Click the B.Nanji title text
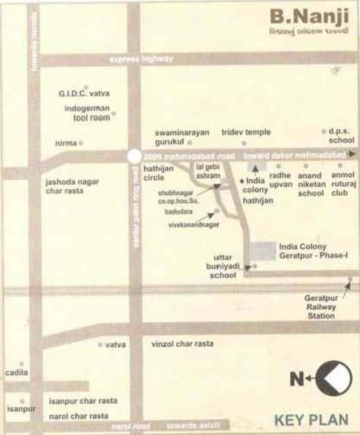[x=309, y=17]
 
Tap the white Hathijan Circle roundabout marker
[x=134, y=156]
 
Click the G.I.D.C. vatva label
[x=84, y=93]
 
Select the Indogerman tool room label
[x=87, y=113]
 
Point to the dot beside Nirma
[x=81, y=143]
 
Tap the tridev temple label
[x=245, y=132]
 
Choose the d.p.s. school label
[x=341, y=136]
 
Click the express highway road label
[x=141, y=59]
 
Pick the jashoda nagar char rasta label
[x=72, y=186]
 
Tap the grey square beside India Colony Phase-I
[x=262, y=250]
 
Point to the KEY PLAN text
[x=311, y=420]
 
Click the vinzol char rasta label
[x=182, y=344]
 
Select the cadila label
[x=16, y=373]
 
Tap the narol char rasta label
[x=78, y=416]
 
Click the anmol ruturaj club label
[x=342, y=184]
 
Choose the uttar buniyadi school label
[x=223, y=266]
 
